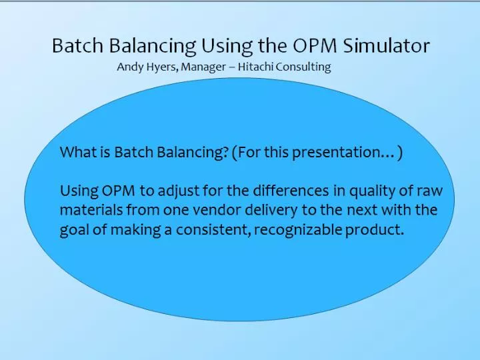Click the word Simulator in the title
386,45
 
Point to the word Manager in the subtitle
203,67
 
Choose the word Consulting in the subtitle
303,67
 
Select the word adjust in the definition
179,191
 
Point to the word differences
291,191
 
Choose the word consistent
212,230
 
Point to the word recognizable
298,230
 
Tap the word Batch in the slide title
78,45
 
